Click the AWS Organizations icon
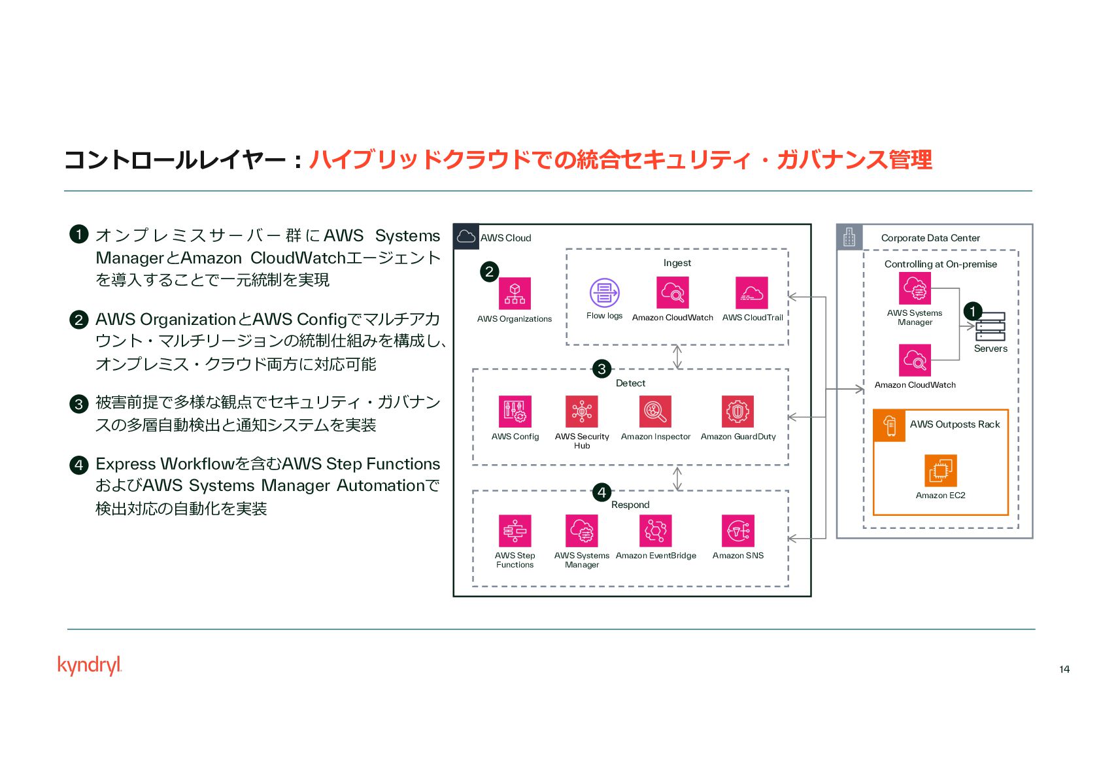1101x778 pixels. click(515, 293)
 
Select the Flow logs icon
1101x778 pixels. click(604, 293)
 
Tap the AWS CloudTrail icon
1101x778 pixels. click(751, 293)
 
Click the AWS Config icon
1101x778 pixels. click(515, 411)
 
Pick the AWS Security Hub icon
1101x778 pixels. click(581, 411)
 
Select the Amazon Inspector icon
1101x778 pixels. click(655, 411)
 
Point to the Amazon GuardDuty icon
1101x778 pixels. click(737, 411)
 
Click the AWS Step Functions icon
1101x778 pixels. click(515, 530)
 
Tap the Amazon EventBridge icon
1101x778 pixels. click(655, 530)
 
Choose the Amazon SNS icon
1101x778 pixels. click(737, 530)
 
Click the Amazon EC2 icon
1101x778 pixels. click(940, 470)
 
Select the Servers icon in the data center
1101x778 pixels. click(990, 326)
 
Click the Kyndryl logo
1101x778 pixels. click(90, 665)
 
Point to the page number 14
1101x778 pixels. click(1064, 669)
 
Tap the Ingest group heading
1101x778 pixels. click(677, 263)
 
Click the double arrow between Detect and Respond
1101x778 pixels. click(677, 478)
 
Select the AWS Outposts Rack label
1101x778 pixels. click(955, 424)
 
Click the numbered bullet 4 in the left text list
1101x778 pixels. click(78, 465)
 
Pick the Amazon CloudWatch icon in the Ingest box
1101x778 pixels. click(672, 293)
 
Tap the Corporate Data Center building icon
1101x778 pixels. click(849, 237)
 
